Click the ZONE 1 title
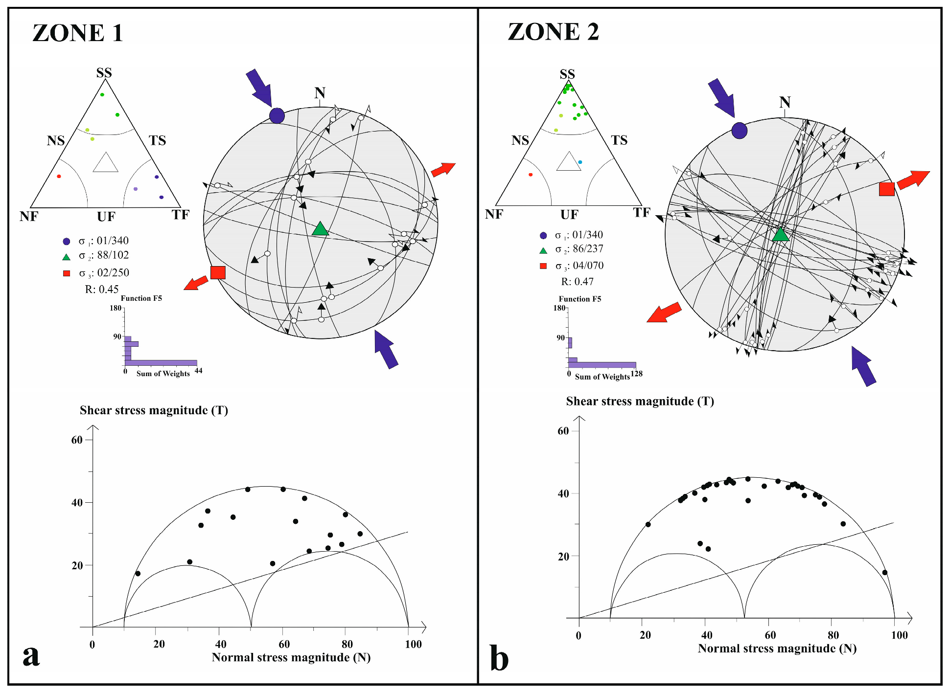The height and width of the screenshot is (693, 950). (77, 33)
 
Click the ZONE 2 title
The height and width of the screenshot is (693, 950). (553, 32)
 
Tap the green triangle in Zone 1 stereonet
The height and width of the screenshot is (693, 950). (320, 229)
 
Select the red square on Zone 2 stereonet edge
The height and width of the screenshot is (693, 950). (886, 189)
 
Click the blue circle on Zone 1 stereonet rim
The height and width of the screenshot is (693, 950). (277, 116)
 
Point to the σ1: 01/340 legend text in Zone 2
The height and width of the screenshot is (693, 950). (579, 235)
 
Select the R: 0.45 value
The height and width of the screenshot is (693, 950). (102, 289)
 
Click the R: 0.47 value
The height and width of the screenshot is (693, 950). (578, 282)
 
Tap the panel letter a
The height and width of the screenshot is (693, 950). (31, 655)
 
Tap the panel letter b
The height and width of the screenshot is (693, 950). (499, 658)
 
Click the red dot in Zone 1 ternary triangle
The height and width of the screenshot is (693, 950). (59, 176)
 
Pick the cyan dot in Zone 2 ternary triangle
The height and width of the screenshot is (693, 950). (580, 162)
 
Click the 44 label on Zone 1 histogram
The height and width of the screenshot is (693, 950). (198, 371)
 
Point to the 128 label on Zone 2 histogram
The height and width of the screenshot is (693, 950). (636, 374)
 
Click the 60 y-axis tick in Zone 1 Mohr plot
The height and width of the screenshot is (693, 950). (77, 440)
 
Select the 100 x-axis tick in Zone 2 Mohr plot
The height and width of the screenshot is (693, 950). (899, 635)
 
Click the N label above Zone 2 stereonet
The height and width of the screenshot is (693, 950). (785, 102)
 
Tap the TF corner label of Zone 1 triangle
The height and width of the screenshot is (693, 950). (180, 215)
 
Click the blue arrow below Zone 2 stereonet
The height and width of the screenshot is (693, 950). (863, 366)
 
